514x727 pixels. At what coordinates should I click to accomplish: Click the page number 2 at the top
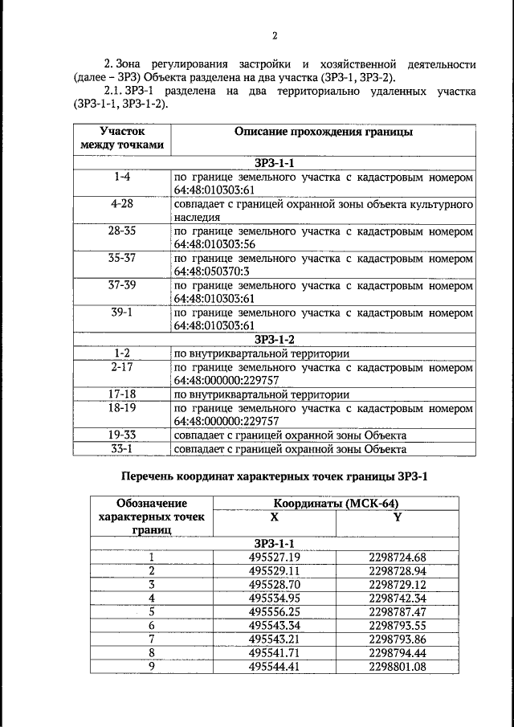274,35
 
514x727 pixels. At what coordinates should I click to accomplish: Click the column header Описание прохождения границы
324,132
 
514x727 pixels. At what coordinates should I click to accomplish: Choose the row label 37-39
122,284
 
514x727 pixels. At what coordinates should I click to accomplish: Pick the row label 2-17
122,366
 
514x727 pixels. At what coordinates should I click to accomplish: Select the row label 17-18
122,394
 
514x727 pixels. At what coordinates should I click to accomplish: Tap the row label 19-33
122,435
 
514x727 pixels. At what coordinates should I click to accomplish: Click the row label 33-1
122,448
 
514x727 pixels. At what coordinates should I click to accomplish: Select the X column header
274,517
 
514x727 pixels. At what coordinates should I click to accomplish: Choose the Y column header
397,517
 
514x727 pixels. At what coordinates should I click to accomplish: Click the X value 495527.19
274,558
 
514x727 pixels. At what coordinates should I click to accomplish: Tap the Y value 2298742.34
397,598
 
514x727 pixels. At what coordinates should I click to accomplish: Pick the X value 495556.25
274,611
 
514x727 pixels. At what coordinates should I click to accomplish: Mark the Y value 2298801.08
397,666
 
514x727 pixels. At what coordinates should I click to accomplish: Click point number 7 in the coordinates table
151,639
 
